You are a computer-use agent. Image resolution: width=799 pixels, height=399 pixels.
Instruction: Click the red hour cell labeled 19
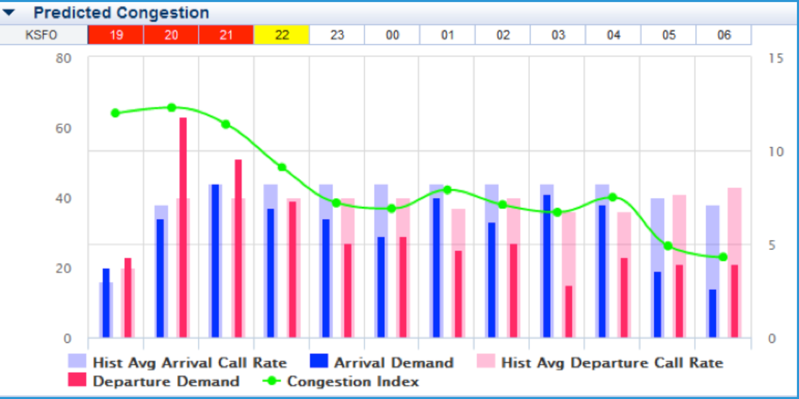(x=116, y=35)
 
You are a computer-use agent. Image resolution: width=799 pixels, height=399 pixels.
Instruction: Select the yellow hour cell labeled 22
(x=282, y=35)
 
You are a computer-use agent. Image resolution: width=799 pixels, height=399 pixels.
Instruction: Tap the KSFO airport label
(x=41, y=35)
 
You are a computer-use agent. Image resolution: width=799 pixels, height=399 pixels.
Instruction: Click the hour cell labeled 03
(x=558, y=35)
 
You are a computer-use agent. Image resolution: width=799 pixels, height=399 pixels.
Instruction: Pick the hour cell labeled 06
(x=724, y=35)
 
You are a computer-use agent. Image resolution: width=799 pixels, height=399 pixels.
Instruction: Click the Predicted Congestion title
(x=121, y=12)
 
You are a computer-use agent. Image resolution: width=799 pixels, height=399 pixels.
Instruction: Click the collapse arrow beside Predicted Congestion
(x=8, y=12)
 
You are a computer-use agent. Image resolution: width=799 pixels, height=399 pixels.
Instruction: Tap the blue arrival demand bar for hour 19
(x=106, y=303)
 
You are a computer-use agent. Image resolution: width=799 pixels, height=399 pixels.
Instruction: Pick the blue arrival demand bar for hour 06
(x=712, y=313)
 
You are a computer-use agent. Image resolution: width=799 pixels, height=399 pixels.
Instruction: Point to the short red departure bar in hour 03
(x=568, y=312)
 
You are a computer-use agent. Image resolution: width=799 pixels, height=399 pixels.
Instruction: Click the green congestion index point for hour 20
(x=171, y=107)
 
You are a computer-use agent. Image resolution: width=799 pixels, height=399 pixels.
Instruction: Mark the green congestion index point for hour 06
(x=723, y=257)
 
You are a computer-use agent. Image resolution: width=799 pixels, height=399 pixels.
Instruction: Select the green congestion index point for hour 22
(x=282, y=167)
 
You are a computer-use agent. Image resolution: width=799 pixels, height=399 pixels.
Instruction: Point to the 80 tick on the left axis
(x=63, y=58)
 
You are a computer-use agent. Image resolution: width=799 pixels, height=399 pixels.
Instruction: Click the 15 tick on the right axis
(x=776, y=58)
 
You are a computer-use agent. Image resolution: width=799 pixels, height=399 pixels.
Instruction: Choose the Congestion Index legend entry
(x=352, y=381)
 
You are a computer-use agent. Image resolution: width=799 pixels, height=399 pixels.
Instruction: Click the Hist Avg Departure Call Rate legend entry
(x=612, y=362)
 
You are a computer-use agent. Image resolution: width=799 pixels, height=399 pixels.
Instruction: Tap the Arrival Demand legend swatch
(x=319, y=361)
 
